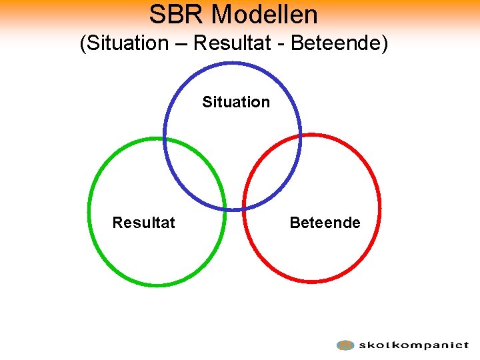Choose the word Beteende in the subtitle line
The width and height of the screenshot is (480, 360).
pos(336,44)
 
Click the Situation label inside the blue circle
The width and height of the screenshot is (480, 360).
pos(236,102)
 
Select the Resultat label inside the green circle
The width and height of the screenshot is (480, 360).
pos(143,223)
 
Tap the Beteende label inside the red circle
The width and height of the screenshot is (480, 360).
pos(325,223)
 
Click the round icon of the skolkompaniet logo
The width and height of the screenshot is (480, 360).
pos(345,345)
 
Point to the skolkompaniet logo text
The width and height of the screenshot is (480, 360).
pos(413,345)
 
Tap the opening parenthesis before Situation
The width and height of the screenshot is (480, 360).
pos(83,45)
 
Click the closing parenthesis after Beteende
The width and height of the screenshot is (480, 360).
pos(384,45)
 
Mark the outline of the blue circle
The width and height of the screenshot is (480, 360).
pos(233,63)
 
